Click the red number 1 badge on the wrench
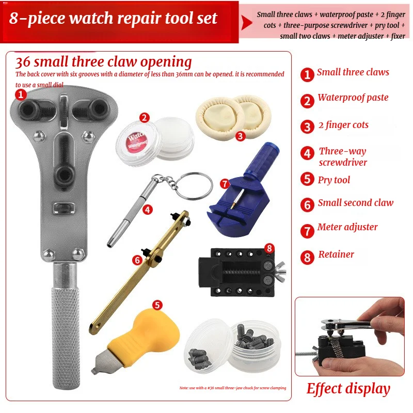[21, 94]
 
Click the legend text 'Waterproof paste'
[353, 98]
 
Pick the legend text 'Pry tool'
[333, 180]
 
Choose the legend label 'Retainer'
[336, 254]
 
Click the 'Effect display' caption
[348, 388]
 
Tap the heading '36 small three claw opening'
[103, 62]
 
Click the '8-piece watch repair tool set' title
[114, 19]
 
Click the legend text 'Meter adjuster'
[347, 227]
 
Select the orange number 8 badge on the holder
[268, 248]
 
